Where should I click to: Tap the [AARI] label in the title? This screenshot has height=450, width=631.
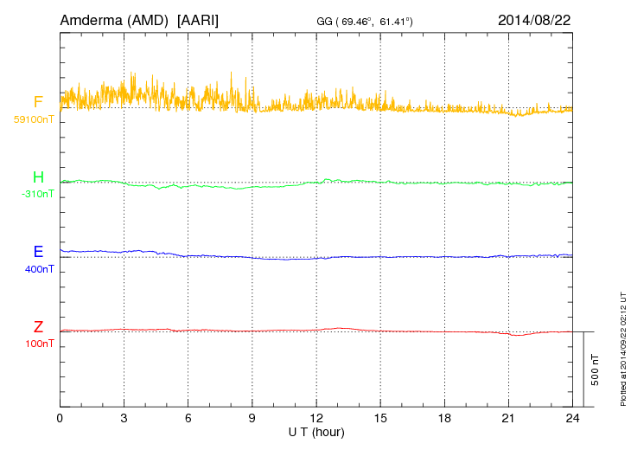tap(198, 21)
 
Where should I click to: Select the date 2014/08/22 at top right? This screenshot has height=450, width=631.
tap(534, 20)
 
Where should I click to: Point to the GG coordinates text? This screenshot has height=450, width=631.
tap(365, 22)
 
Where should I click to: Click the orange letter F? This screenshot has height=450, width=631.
tap(38, 102)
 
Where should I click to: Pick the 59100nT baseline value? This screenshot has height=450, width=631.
tap(34, 119)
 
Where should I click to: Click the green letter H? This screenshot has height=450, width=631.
tap(38, 177)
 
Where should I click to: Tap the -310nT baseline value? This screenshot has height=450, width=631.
tap(37, 194)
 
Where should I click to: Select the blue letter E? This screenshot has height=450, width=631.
tap(38, 252)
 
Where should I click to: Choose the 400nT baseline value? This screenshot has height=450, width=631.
tap(40, 269)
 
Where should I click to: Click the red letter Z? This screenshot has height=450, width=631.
tap(38, 327)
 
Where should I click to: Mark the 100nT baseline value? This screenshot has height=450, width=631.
tap(40, 344)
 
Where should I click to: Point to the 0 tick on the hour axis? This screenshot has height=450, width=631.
tap(60, 418)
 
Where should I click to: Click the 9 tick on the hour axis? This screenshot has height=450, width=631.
tap(252, 418)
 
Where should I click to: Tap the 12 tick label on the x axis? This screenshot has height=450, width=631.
tap(316, 418)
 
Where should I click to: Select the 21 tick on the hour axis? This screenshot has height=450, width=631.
tap(508, 418)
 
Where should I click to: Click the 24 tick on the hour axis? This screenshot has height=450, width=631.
tap(572, 418)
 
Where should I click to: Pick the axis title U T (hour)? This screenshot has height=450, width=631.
tap(316, 433)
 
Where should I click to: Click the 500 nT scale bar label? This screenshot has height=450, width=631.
tap(595, 370)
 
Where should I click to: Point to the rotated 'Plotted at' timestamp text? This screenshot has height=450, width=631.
tap(623, 349)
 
